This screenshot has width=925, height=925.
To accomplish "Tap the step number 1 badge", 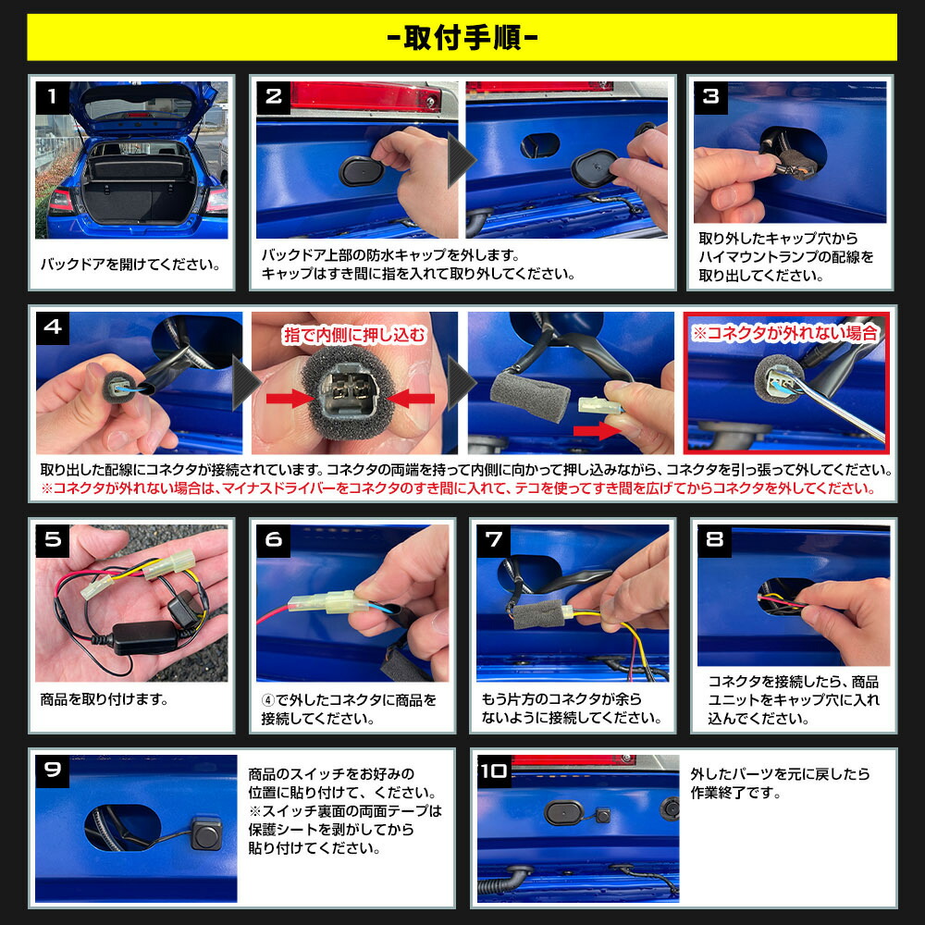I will pos(53,96).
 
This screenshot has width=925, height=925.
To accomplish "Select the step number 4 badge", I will pos(53,327).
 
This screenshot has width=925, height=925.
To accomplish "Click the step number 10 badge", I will pos(494,770).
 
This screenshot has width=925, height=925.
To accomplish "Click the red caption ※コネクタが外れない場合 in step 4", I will pos(785,333).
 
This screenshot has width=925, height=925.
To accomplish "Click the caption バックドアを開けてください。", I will pos(130,265).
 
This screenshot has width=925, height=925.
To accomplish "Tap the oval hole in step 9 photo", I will pos(121,825).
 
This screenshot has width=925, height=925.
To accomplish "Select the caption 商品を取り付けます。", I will pos(105,699).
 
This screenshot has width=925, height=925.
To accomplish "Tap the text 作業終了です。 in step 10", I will pos(736,793).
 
